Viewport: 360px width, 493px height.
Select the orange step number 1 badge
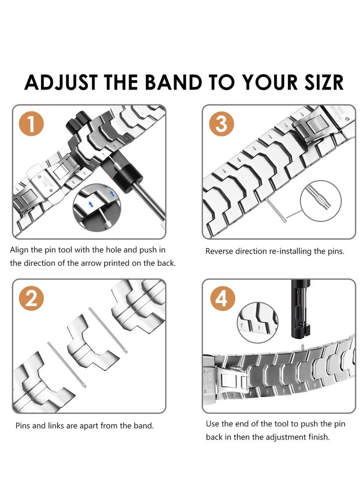pos(31,125)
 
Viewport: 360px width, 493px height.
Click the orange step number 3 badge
pos(221,125)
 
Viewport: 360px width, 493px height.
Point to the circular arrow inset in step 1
pos(96,207)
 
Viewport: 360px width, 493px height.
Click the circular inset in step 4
pos(257,322)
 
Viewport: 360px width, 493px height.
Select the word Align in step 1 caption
pos(20,250)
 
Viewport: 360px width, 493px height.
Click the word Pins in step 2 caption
pos(23,425)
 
